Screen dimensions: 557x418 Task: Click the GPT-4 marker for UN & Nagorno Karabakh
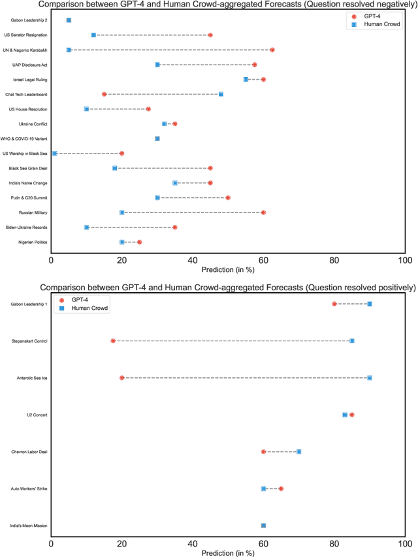272,50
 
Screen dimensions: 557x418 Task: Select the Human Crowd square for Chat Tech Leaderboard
221,94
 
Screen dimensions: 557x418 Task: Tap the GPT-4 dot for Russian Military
263,212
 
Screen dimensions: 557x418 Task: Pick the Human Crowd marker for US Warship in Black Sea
55,153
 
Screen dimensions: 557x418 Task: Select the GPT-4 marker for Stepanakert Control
113,341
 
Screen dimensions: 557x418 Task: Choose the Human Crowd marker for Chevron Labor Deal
298,452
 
